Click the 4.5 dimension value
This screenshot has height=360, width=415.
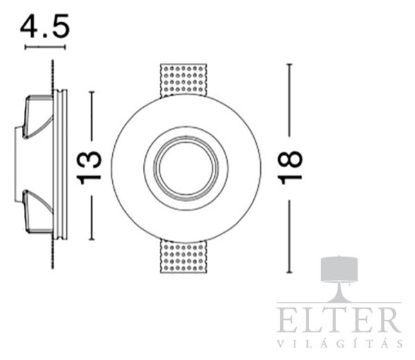click(x=45, y=26)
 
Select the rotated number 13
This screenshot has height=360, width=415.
click(x=89, y=168)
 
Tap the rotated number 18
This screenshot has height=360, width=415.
click(x=290, y=167)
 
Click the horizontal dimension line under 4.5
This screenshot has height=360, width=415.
click(x=45, y=47)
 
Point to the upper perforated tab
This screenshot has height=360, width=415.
click(x=183, y=80)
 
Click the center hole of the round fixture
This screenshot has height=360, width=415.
click(x=186, y=169)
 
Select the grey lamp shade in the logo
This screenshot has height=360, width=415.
click(x=339, y=269)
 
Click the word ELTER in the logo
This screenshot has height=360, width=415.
click(x=339, y=320)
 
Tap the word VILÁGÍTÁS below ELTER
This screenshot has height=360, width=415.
click(x=340, y=343)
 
